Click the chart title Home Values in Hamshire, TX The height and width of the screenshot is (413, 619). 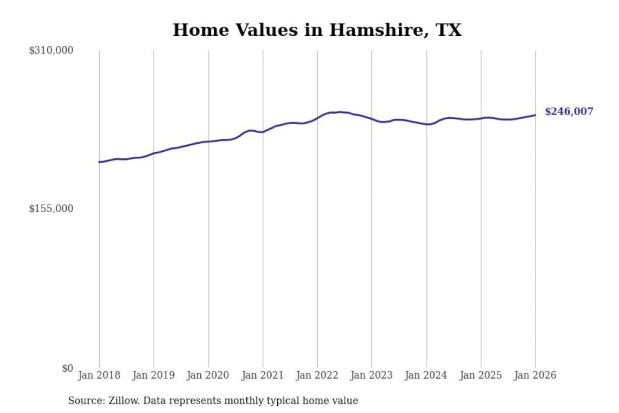317,30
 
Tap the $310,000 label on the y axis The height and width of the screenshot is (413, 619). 51,50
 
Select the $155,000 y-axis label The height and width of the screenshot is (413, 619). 51,209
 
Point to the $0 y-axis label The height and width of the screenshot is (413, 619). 67,368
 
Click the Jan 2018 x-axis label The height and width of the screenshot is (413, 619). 99,375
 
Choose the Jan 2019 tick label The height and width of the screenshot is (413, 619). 153,375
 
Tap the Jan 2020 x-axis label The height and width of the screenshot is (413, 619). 208,375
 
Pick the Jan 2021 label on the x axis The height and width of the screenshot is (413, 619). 263,375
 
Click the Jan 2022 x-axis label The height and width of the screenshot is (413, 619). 317,375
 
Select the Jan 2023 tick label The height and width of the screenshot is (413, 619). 371,375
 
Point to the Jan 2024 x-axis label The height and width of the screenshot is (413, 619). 426,375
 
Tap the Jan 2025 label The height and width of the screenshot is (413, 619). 481,375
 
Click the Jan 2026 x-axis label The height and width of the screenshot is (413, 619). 535,375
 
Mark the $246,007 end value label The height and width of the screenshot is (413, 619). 569,111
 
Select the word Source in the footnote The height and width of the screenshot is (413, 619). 86,401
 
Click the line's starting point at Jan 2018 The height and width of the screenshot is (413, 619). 99,162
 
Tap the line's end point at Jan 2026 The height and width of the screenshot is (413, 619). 535,115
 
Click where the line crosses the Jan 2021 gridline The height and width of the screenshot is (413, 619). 263,132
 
